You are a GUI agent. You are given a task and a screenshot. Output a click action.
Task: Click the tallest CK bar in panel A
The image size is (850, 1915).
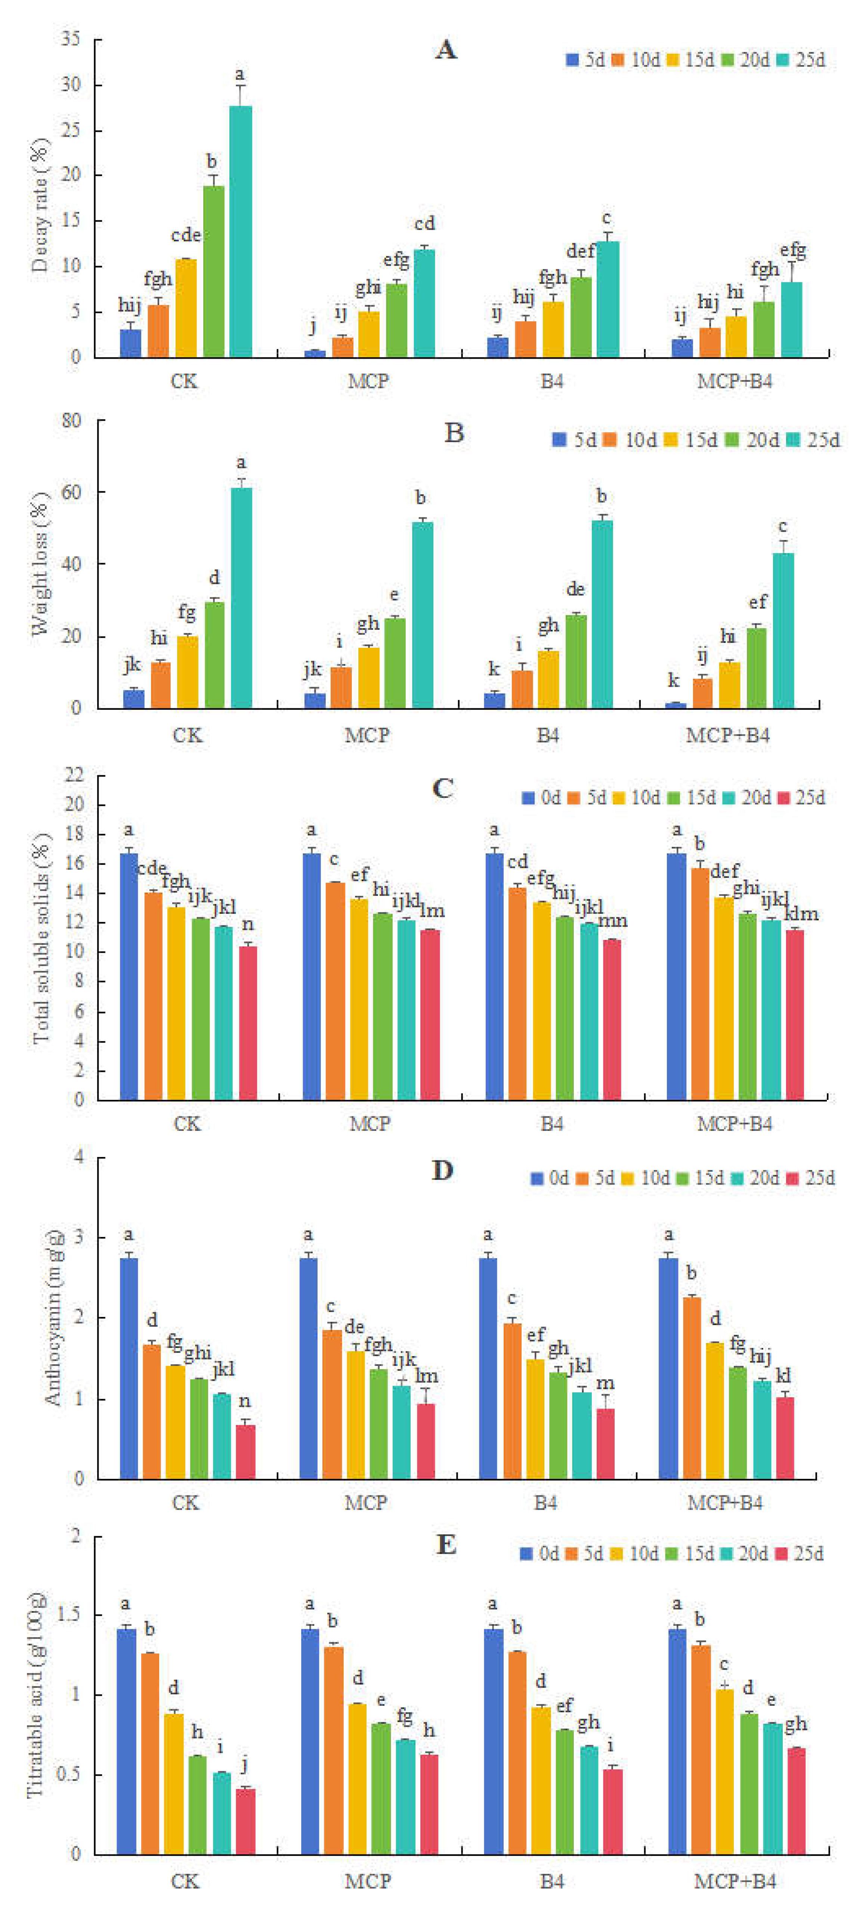(x=240, y=231)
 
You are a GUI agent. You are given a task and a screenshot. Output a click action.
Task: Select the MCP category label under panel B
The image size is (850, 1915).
(x=367, y=735)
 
